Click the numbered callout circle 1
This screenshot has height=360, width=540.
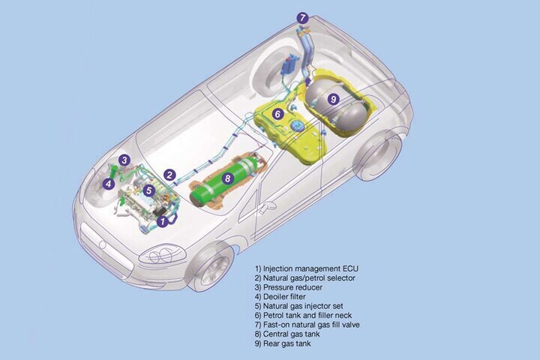(x=163, y=221)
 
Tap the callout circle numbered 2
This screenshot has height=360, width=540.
(x=169, y=175)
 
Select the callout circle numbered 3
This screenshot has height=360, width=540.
(x=124, y=160)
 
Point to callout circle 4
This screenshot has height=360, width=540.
(x=109, y=184)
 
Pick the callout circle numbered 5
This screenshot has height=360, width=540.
(x=148, y=190)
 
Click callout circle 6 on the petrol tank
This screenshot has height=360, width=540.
(x=278, y=114)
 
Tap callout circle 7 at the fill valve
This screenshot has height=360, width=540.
(x=302, y=18)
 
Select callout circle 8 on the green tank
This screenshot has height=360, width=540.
(x=227, y=178)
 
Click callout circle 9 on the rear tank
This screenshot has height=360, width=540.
(x=333, y=100)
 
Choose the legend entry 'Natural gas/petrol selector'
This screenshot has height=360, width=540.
(x=304, y=278)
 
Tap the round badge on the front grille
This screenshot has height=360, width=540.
(x=102, y=244)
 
